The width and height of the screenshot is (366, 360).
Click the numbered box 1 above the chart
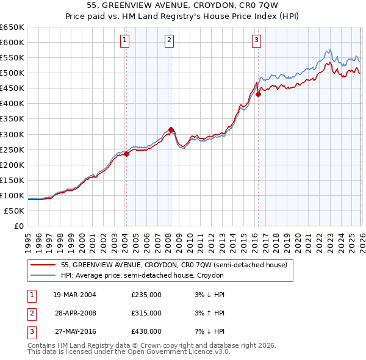coord(124,41)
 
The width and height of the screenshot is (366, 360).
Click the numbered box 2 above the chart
coord(169,41)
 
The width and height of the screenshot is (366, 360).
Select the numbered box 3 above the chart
coord(256,41)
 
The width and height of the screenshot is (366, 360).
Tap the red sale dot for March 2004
coord(126,154)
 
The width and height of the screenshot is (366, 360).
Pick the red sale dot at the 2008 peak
coord(171,129)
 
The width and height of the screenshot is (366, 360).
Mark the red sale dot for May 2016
coord(258,94)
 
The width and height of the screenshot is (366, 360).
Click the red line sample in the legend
coord(43,265)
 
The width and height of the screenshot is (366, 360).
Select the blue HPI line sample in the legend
coord(43,276)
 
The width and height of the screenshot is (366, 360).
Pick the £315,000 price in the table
coord(146,313)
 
